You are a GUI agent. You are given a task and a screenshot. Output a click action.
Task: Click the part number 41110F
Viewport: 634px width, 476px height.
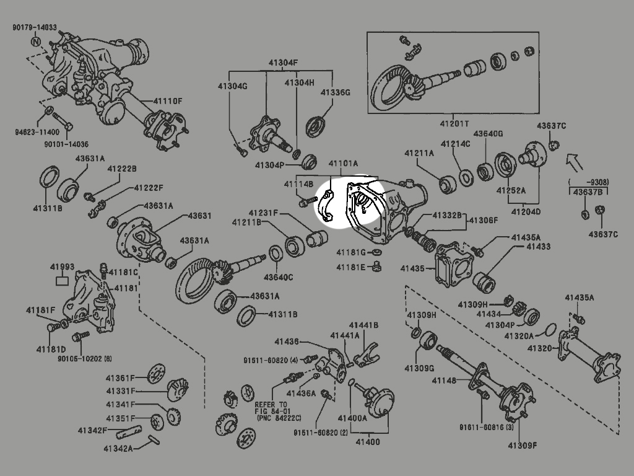(x=168, y=101)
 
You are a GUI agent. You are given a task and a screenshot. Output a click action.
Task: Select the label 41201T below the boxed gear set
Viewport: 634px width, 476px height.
(x=454, y=123)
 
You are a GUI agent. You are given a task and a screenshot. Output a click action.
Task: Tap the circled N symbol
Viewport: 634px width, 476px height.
(x=36, y=42)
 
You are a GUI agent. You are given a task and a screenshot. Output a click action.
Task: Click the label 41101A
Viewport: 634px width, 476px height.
(x=343, y=164)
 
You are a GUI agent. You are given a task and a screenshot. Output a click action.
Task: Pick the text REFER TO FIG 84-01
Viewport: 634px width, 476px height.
(x=271, y=407)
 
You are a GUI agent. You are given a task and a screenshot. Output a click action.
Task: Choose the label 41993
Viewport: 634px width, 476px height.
(x=62, y=267)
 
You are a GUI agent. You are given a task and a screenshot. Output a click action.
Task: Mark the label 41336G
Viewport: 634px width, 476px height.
(x=335, y=92)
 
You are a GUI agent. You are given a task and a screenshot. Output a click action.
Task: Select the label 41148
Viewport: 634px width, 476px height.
(x=444, y=381)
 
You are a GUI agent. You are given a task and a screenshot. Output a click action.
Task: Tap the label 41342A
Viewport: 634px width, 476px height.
(x=118, y=448)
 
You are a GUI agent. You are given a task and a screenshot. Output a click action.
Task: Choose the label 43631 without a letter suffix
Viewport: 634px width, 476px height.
(x=199, y=216)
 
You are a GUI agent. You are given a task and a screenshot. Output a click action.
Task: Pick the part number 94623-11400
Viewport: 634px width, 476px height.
(x=37, y=132)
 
